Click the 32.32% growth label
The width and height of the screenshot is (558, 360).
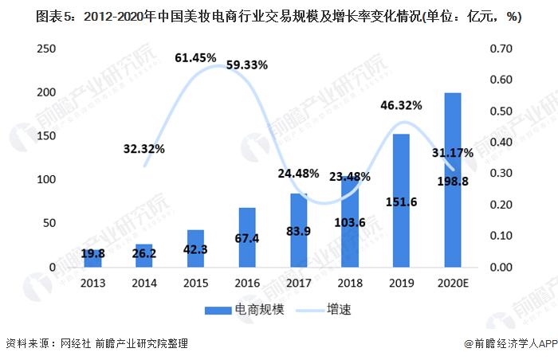144,148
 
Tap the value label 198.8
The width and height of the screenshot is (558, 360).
452,184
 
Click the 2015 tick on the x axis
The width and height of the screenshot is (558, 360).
196,282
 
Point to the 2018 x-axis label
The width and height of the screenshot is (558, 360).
350,282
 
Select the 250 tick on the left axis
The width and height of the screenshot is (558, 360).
45,49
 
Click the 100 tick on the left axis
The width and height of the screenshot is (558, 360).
45,180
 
